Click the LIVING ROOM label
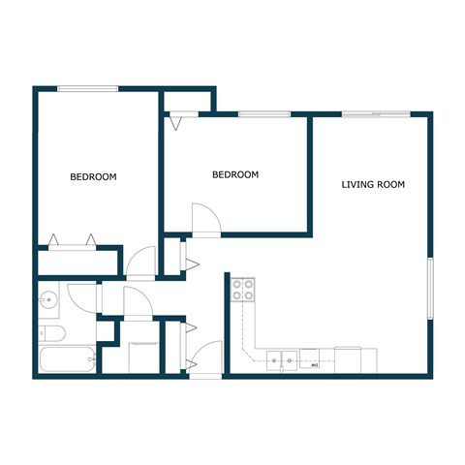pos(373,184)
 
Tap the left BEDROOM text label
pos(94,176)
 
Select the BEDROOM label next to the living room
pos(235,174)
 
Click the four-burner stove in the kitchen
pos(243,289)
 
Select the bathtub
pos(66,360)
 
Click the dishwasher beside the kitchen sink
pos(310,360)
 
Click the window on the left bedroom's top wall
pos(87,89)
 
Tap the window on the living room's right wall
pos(430,287)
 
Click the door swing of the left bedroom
pos(141,262)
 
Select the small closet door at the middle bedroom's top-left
pos(177,122)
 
